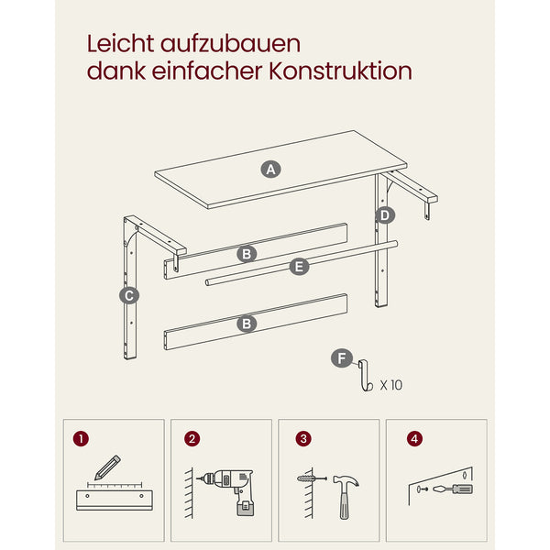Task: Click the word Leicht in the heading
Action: [x=120, y=44]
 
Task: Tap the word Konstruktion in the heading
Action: [x=340, y=71]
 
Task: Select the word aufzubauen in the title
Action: [x=230, y=44]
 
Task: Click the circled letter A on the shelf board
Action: [x=270, y=170]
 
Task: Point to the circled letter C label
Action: [x=129, y=296]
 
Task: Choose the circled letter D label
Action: [x=385, y=215]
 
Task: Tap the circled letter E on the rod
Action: [x=299, y=267]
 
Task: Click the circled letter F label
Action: [x=342, y=358]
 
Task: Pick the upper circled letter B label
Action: [x=247, y=254]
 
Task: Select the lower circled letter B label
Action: [x=247, y=324]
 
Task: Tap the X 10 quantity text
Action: [x=391, y=385]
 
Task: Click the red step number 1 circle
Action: [x=81, y=439]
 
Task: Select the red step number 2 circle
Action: [x=192, y=439]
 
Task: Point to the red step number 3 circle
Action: [x=303, y=439]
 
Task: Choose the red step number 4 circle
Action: [x=414, y=439]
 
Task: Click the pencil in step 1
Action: [x=107, y=467]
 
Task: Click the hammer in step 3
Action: [x=346, y=496]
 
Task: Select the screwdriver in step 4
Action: [x=453, y=489]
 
